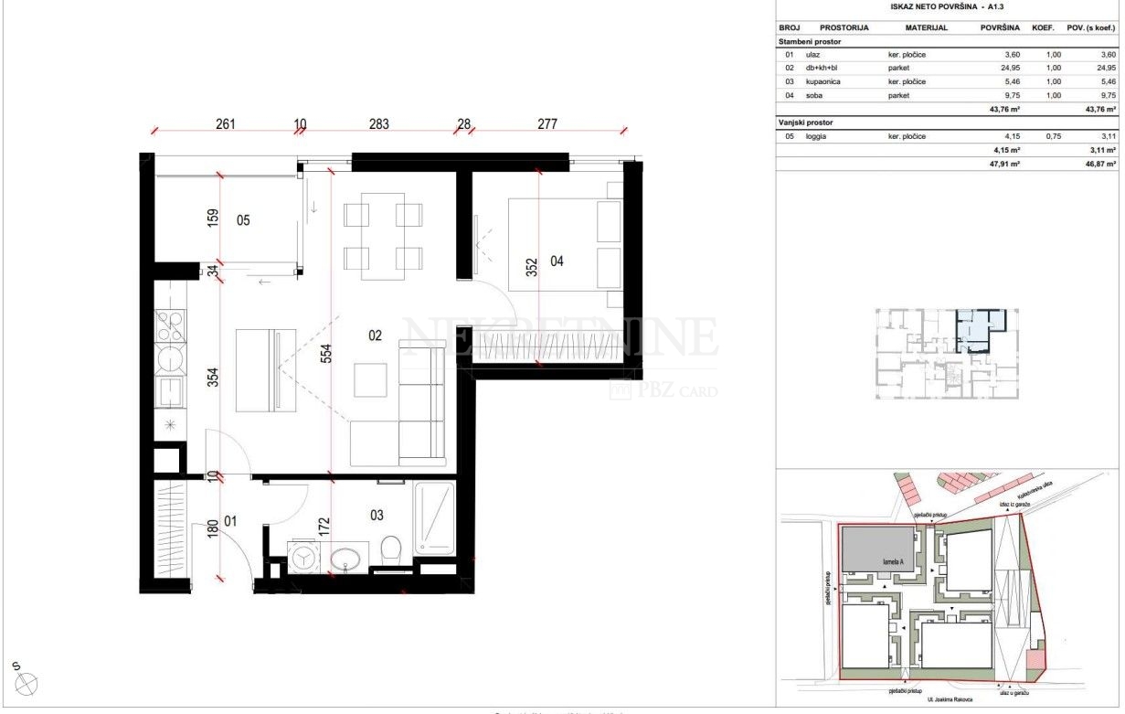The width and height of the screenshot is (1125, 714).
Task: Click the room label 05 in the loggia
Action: [243, 220]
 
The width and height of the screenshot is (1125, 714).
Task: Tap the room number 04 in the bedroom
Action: [557, 261]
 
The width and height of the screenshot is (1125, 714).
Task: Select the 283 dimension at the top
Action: [379, 124]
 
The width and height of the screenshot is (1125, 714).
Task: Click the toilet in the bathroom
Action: [390, 551]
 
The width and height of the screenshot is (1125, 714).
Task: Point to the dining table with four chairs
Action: [383, 235]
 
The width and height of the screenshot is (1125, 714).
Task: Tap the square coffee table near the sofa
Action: [370, 379]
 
